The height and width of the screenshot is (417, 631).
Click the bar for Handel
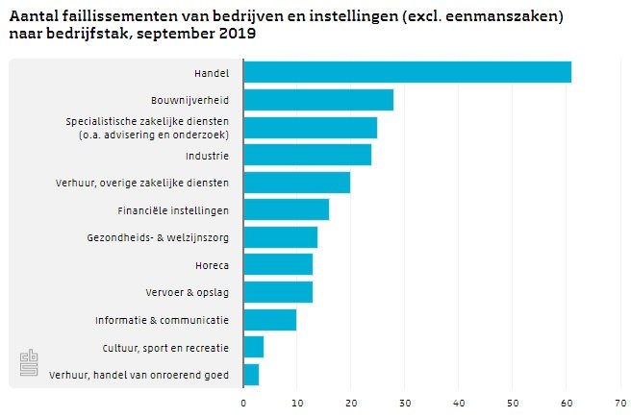(407, 72)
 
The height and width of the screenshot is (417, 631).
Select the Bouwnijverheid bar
(318, 100)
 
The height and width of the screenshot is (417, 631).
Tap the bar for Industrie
(307, 155)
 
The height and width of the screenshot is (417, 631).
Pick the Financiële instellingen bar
(286, 209)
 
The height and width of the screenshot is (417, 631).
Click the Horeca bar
(278, 264)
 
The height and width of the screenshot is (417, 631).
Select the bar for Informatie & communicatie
(269, 319)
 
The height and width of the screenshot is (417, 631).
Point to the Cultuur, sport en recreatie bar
(253, 347)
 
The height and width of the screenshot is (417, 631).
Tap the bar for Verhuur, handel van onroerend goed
(251, 375)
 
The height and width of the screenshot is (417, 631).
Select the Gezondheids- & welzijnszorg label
(158, 237)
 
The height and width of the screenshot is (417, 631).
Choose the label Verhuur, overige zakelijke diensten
(142, 183)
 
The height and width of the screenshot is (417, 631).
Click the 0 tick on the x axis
(243, 403)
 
